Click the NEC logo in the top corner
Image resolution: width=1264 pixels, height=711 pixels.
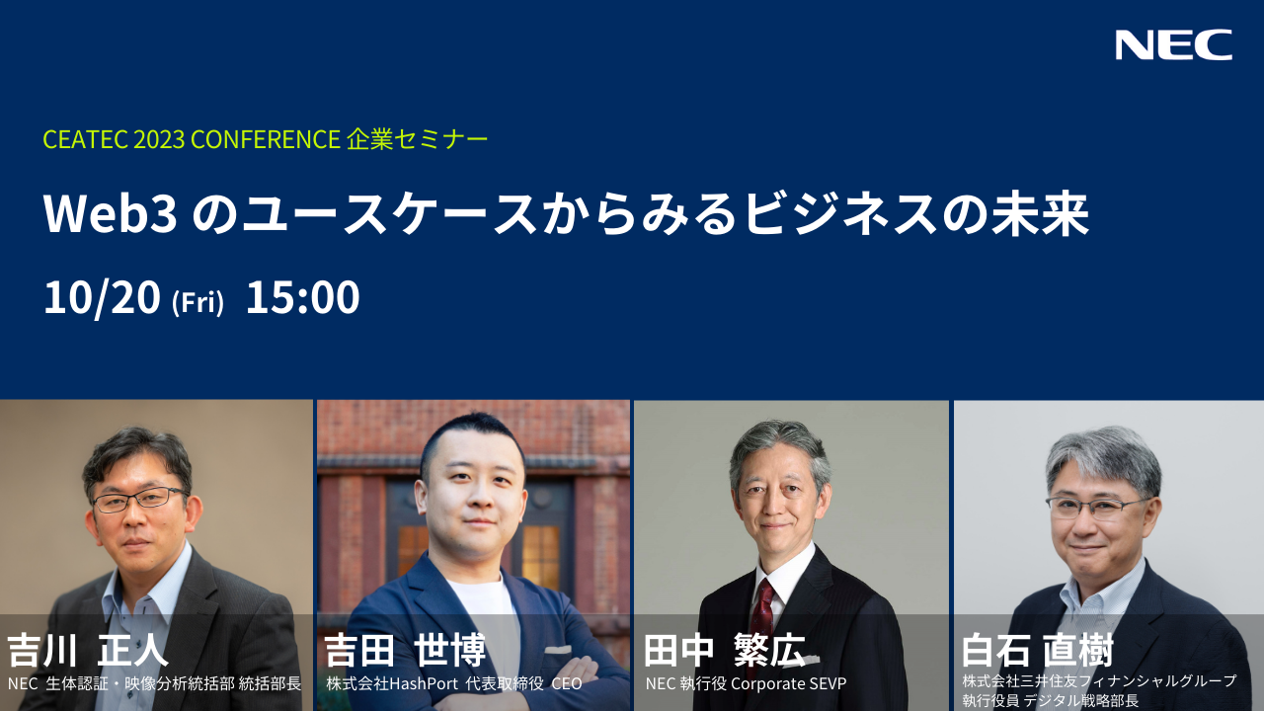pyautogui.click(x=1174, y=44)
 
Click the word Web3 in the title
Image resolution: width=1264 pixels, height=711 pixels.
pyautogui.click(x=111, y=214)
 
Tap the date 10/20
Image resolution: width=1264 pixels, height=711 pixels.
pyautogui.click(x=102, y=297)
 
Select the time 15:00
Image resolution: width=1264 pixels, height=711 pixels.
pyautogui.click(x=303, y=297)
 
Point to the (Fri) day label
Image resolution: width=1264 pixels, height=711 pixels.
pyautogui.click(x=198, y=302)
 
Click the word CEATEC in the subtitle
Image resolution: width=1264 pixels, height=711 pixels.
pyautogui.click(x=86, y=139)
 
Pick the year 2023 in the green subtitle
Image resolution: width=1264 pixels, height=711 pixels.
pyautogui.click(x=159, y=139)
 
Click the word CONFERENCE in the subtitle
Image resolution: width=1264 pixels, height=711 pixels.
pyautogui.click(x=266, y=139)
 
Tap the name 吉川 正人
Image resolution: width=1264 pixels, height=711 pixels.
pyautogui.click(x=88, y=651)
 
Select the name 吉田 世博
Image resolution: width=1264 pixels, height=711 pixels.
pyautogui.click(x=405, y=651)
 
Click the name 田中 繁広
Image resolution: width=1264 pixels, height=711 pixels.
pyautogui.click(x=725, y=651)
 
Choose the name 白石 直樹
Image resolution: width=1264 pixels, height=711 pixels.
pyautogui.click(x=1038, y=651)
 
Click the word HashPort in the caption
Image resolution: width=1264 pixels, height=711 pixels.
pyautogui.click(x=424, y=684)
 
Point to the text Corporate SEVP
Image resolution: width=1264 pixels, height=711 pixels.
pyautogui.click(x=788, y=684)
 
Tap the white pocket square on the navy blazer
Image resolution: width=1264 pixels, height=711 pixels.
pyautogui.click(x=558, y=649)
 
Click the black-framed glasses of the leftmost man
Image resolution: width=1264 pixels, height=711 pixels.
pyautogui.click(x=139, y=499)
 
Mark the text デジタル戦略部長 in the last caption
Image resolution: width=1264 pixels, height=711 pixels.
pyautogui.click(x=1080, y=701)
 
